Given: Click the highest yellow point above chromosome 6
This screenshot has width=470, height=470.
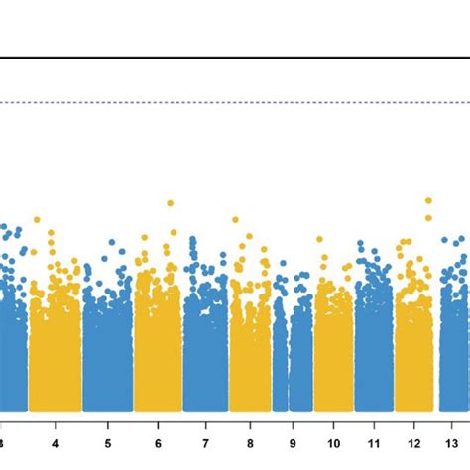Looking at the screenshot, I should (170, 203).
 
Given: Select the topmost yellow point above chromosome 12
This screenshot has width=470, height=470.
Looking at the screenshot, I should (428, 201).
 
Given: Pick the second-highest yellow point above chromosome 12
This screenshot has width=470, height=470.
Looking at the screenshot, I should (428, 217).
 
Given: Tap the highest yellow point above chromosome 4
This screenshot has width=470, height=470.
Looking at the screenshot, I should (37, 220).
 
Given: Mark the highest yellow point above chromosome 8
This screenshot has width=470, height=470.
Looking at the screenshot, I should (235, 220).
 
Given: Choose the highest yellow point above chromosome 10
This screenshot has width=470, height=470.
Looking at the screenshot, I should (319, 239).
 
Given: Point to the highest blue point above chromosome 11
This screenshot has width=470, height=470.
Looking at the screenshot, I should (361, 244).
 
